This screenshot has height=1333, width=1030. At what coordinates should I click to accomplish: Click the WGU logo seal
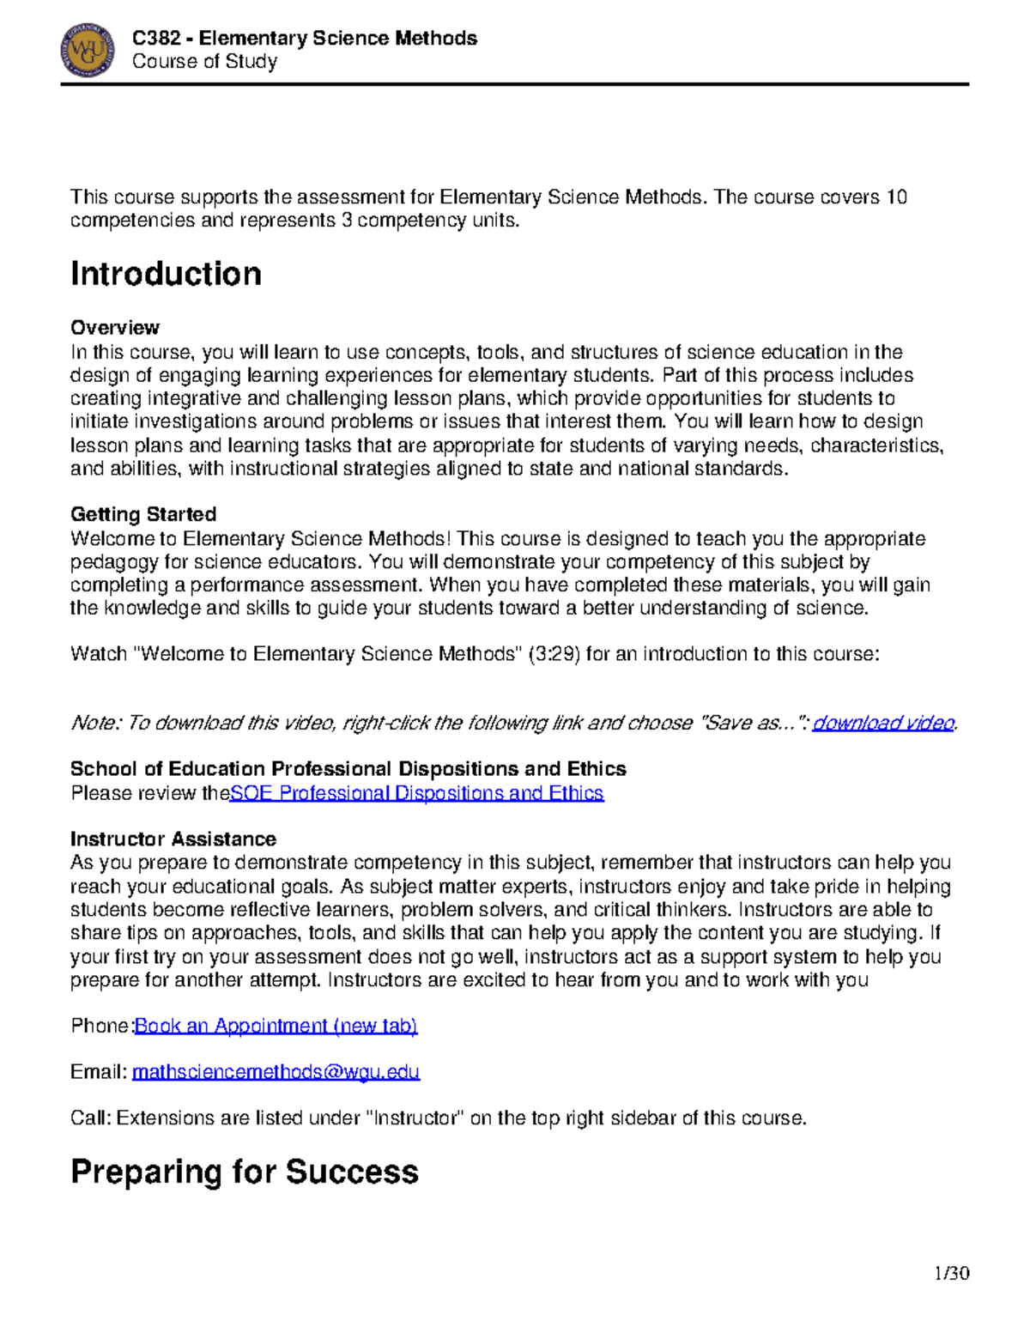pos(88,50)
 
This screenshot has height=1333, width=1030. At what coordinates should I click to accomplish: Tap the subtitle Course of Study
pos(204,62)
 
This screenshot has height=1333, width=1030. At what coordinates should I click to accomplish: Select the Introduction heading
pos(166,274)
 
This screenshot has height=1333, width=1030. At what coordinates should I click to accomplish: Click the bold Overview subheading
pos(114,328)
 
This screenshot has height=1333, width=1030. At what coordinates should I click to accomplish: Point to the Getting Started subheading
pos(142,514)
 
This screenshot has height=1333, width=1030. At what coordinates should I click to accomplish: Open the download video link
pos(883,723)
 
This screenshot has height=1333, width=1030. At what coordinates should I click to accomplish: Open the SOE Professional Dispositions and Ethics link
pos(417,793)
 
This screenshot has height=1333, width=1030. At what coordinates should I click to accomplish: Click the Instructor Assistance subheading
pos(173,839)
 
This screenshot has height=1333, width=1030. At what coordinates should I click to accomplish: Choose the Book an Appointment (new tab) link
pos(276,1026)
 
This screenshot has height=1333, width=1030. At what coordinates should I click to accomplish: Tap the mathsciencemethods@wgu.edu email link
pos(276,1072)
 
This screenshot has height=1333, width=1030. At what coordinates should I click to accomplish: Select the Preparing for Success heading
pos(245,1172)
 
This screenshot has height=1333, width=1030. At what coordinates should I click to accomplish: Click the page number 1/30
pos(951,1273)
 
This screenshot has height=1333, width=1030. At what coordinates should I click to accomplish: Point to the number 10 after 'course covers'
pos(896,197)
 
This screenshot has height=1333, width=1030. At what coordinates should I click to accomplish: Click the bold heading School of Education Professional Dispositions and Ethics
pos(348,769)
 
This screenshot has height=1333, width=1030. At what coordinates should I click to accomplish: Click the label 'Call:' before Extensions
pos(91,1118)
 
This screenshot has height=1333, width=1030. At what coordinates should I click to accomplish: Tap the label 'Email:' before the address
pos(99,1072)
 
